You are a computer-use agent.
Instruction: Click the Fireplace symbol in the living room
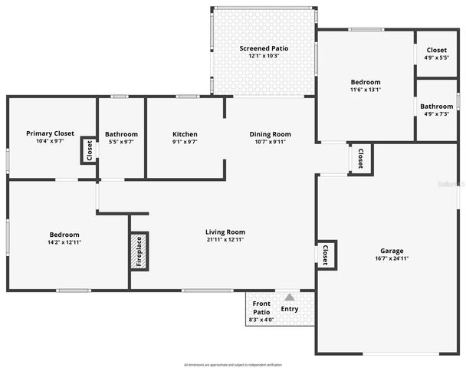coord(139,251)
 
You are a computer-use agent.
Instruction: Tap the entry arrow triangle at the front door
coord(290,297)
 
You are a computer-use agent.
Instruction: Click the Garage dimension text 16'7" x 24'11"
coord(392,259)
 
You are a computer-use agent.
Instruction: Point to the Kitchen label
coord(185,134)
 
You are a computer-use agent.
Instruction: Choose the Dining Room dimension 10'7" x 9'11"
coord(271,142)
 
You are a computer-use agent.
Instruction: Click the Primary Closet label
coord(50,133)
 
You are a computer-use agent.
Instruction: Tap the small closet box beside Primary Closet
coord(89,150)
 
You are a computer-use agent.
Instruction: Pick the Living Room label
coord(225,232)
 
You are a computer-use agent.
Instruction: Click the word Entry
coord(290,310)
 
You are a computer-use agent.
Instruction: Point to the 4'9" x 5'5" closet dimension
coord(437,58)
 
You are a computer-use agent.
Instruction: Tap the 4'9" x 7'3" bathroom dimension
coord(437,114)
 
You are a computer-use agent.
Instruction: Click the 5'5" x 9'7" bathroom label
coord(121,142)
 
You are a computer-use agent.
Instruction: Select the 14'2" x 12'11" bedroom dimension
coord(64,242)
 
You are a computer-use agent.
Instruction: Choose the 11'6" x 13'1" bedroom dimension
coord(365,90)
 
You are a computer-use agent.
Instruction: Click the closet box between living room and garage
coord(326,255)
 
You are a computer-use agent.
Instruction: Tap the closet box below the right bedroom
coord(360,159)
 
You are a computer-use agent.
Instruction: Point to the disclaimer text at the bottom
coord(233,364)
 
